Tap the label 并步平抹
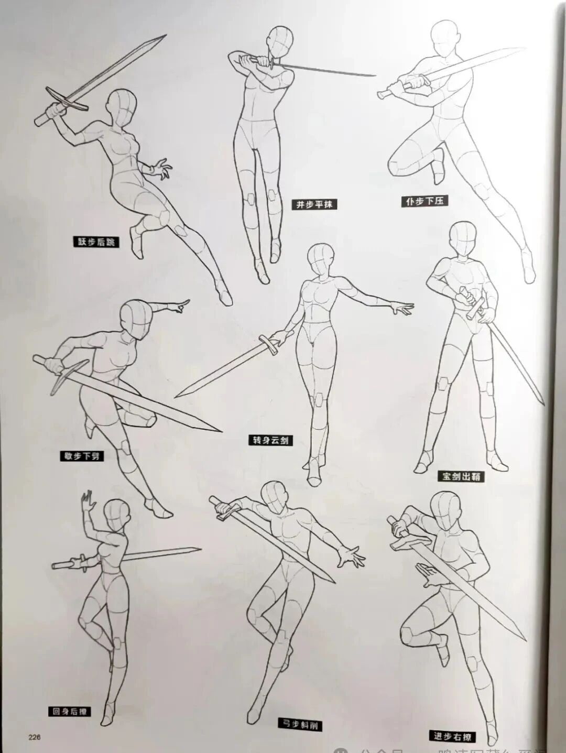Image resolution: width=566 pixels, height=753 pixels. (314, 204)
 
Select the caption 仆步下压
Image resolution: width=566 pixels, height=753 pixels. (425, 201)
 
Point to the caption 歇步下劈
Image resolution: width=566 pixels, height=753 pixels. (81, 456)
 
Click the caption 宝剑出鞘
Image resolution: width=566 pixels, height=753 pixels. (461, 476)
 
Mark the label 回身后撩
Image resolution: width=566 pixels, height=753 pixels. (70, 711)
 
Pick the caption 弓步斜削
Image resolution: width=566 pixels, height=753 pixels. (299, 725)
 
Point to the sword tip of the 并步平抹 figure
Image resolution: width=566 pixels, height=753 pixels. (374, 75)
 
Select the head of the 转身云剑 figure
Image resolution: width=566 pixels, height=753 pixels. (320, 259)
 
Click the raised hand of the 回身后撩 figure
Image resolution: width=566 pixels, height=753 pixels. (87, 502)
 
